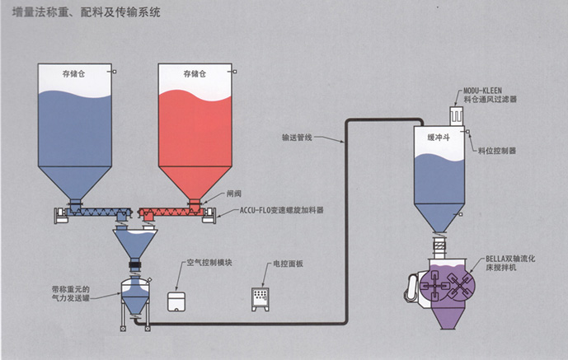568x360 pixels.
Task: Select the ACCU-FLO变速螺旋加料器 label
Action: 281,212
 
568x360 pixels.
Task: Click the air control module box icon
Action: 177,301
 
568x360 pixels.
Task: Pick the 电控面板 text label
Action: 289,265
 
